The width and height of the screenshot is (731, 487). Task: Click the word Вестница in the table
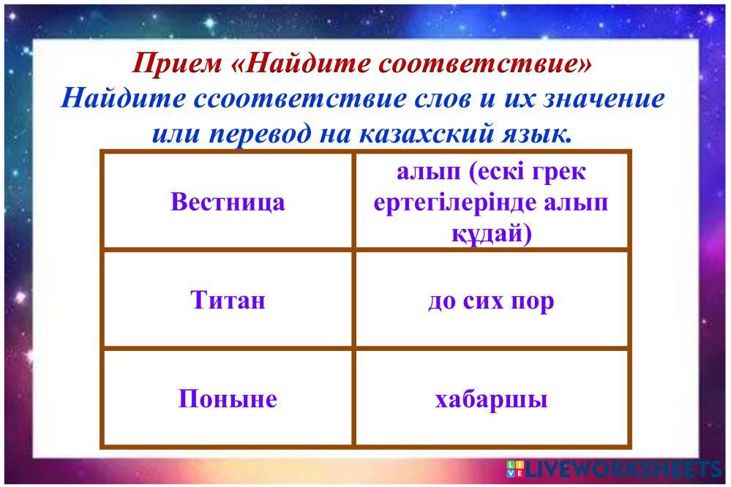(x=228, y=203)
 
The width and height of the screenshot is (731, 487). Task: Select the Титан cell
(x=228, y=300)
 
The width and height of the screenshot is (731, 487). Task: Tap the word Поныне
(x=228, y=399)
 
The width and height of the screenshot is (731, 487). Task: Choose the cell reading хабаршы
(x=491, y=399)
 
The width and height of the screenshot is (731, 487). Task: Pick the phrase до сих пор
(x=491, y=301)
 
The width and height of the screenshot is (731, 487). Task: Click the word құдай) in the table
(x=492, y=233)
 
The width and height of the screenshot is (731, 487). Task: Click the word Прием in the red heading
(x=178, y=63)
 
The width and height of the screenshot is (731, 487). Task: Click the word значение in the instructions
(x=604, y=98)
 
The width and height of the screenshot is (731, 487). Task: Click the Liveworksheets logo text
(x=623, y=469)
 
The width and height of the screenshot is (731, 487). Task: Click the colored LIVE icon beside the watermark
(x=515, y=469)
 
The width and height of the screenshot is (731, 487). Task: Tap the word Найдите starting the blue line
(x=124, y=98)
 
